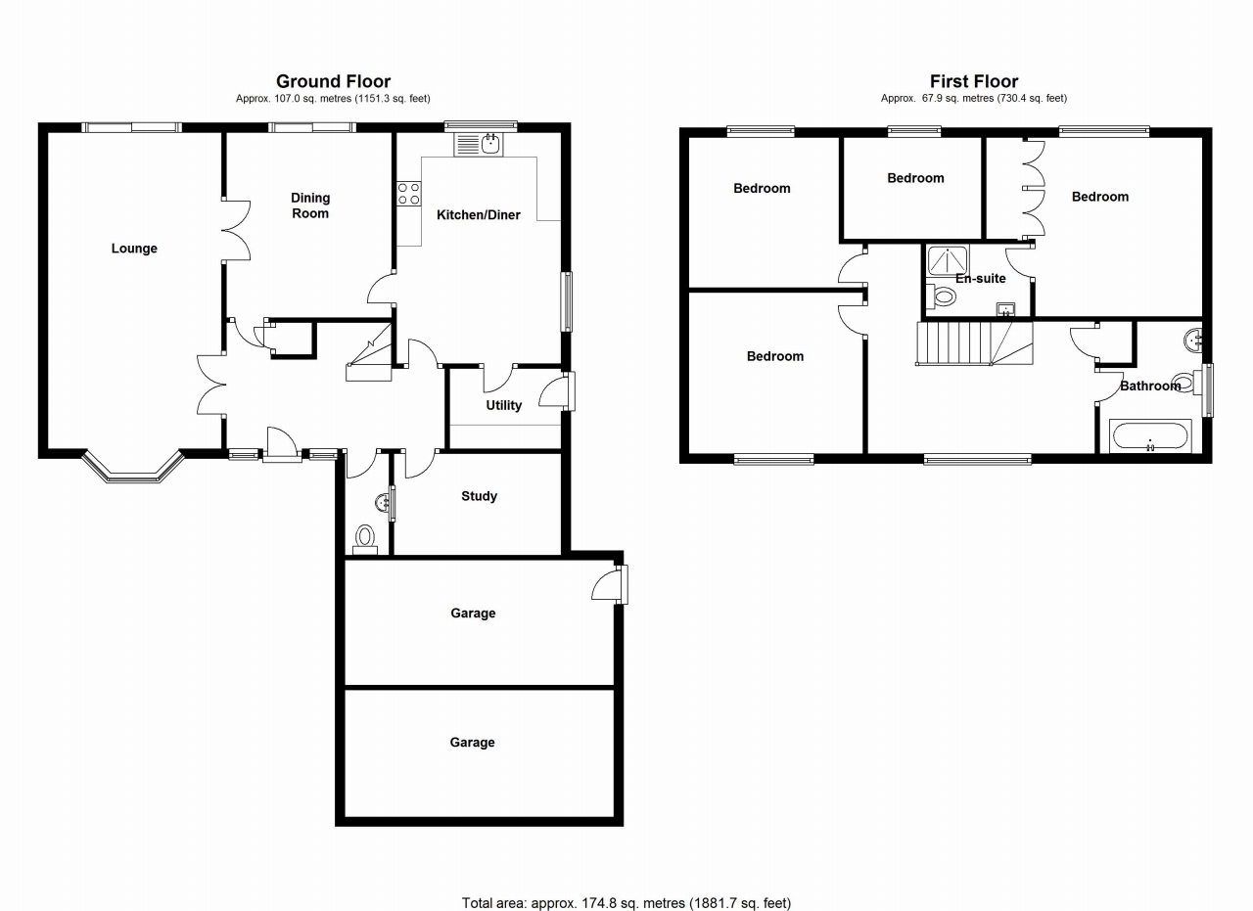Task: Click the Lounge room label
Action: coord(134,249)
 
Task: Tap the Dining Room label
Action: coord(310,205)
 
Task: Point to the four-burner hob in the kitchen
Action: coord(408,194)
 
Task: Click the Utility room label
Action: coord(504,405)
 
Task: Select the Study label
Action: coord(479,496)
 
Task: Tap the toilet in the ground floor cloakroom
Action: coord(365,537)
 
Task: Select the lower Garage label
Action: coord(472,743)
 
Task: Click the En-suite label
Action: coord(981,279)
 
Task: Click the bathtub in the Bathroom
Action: coord(1149,435)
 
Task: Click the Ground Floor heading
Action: coord(333,81)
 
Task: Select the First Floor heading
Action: coord(973,81)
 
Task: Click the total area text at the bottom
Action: coord(626,902)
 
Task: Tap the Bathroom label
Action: coord(1149,386)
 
